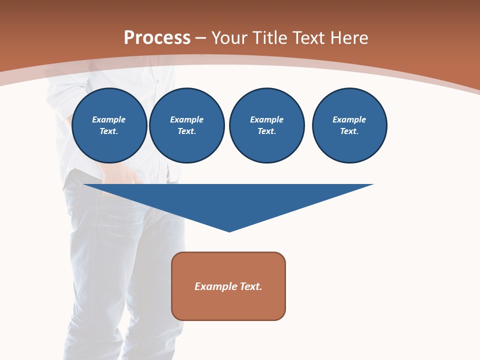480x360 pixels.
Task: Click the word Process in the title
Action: tap(157, 38)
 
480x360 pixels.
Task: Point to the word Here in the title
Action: tap(349, 38)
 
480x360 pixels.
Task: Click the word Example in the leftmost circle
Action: tap(109, 119)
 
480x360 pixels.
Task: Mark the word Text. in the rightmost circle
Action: tap(349, 131)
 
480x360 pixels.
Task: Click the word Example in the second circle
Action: tap(187, 119)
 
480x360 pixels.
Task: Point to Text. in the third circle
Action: tap(267, 131)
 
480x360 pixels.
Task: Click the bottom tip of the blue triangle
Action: tap(229, 230)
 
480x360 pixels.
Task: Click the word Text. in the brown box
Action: tap(250, 286)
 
